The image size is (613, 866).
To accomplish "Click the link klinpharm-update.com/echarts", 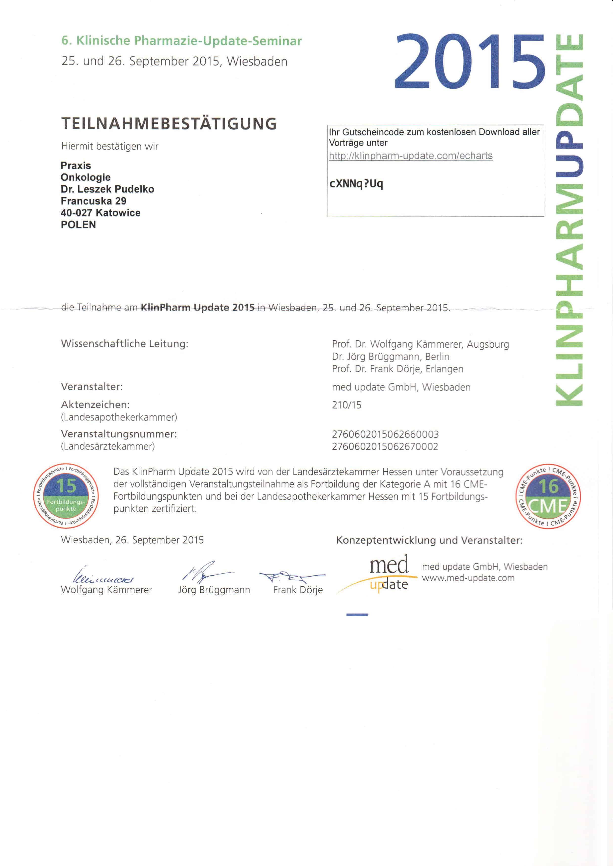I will point(411,156).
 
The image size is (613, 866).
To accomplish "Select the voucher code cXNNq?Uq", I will point(356,184).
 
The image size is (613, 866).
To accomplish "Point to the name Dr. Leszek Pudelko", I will point(107,189).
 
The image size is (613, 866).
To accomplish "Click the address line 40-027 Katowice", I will point(100,213).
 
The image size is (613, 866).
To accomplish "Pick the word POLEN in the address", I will point(78,225).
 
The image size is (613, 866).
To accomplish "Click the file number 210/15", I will point(347,405).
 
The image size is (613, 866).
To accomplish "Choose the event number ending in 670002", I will point(385,446).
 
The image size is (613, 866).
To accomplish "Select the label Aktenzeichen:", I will point(95,405).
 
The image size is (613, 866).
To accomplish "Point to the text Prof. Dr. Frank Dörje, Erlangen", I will point(397,369).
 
